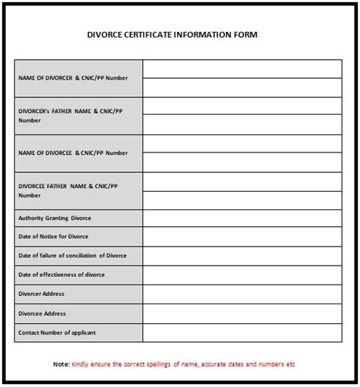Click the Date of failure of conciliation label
click(71, 256)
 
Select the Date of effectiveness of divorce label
click(61, 275)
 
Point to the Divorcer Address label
click(41, 294)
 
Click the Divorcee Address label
click(41, 313)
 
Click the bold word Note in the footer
click(61, 363)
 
